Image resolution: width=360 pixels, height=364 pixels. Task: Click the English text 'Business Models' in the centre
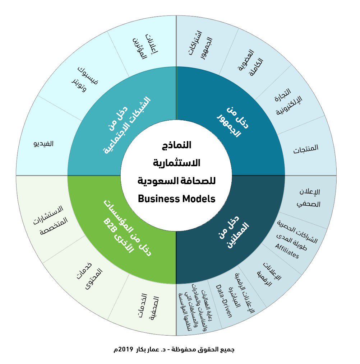pyautogui.click(x=176, y=198)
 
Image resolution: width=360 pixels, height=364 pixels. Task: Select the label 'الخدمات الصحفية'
pyautogui.click(x=147, y=307)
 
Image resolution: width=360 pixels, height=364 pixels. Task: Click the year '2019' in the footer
pyautogui.click(x=126, y=349)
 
